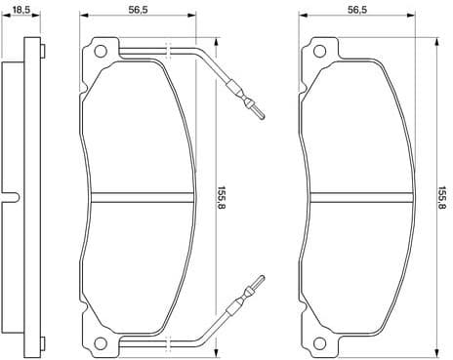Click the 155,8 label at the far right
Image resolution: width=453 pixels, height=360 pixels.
coord(442,196)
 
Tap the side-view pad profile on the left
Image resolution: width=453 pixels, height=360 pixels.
coord(29,195)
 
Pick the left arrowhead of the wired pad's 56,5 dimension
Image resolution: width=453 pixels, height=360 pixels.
coord(83,18)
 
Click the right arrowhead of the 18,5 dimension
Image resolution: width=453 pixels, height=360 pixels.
coord(40,18)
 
